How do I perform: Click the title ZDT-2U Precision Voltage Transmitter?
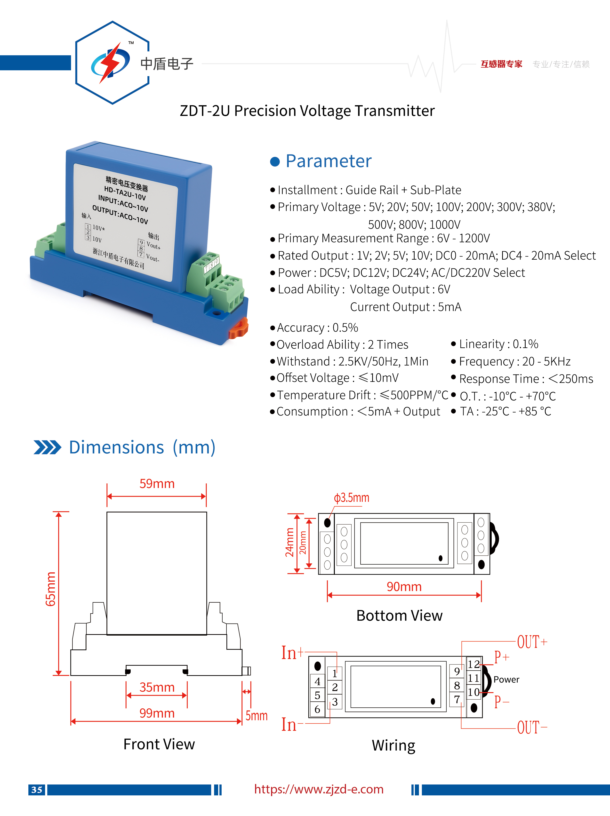pyautogui.click(x=307, y=111)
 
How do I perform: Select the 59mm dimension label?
pyautogui.click(x=157, y=484)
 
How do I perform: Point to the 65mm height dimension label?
pyautogui.click(x=51, y=589)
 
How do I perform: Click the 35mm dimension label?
pyautogui.click(x=157, y=687)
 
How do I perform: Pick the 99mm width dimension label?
pyautogui.click(x=157, y=713)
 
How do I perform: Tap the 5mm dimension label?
pyautogui.click(x=257, y=716)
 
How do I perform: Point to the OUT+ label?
pyautogui.click(x=532, y=642)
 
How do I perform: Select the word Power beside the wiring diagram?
pyautogui.click(x=506, y=680)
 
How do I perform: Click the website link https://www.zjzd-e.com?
pyautogui.click(x=319, y=789)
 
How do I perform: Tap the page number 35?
pyautogui.click(x=37, y=790)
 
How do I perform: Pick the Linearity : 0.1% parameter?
pyautogui.click(x=498, y=344)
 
